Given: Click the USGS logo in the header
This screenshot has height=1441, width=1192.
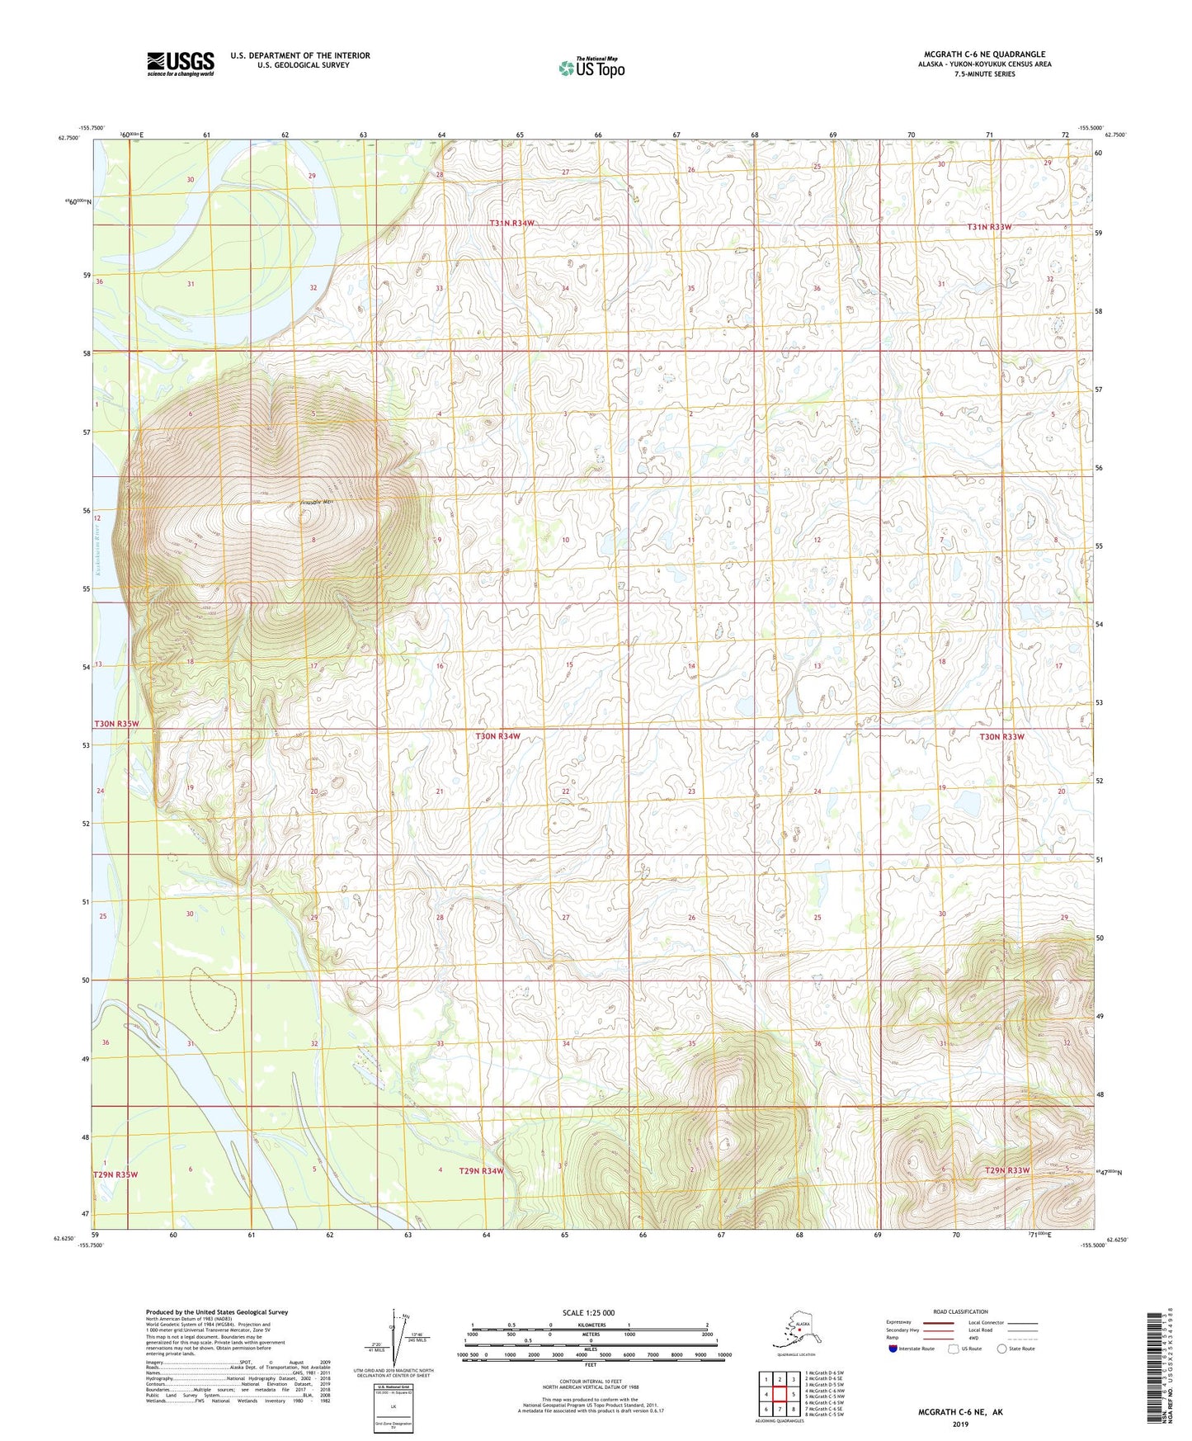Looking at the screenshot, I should coord(181,64).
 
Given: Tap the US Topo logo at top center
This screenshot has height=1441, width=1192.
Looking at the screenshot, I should coord(591,68).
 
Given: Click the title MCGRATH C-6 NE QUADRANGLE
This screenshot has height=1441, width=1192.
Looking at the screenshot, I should coord(984,54).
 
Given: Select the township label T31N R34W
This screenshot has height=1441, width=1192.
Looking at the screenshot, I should coord(512,224).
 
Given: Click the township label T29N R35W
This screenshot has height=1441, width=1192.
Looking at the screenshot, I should coord(115,1174).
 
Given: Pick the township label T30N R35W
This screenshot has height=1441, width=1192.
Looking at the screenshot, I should coord(116,724).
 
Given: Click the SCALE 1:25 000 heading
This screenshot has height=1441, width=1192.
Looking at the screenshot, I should coord(589,1312).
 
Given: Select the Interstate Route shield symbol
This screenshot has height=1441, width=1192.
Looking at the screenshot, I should coord(893,1349).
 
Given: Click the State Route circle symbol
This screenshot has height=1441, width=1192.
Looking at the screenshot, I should coord(1001,1349).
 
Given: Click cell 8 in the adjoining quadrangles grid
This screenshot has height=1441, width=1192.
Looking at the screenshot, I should coord(793,1409).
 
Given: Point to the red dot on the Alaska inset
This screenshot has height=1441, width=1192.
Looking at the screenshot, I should coord(799,1329).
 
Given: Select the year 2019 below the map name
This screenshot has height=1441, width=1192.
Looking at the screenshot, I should coord(960,1424).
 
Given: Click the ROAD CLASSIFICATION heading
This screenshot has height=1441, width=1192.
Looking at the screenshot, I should coord(960,1311).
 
